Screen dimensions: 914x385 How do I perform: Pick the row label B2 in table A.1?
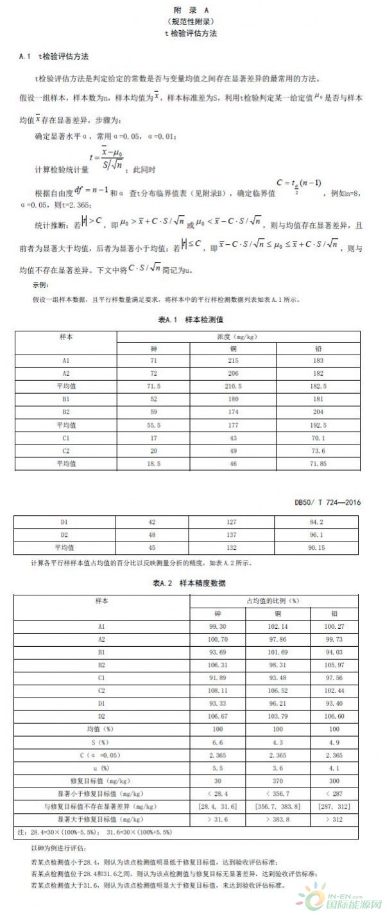click(x=65, y=411)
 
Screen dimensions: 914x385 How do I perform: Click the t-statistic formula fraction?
click(x=107, y=158)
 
